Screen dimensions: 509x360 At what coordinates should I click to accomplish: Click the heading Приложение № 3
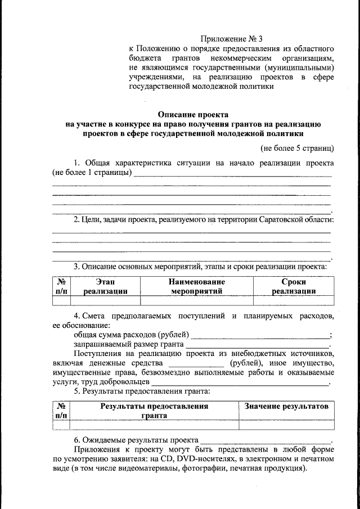point(232,39)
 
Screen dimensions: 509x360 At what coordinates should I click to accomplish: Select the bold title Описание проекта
point(193,114)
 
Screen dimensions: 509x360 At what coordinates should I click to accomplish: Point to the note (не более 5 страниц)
point(297,148)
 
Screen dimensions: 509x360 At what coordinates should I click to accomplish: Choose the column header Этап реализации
point(105,286)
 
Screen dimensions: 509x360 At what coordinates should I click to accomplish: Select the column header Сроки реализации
point(293,286)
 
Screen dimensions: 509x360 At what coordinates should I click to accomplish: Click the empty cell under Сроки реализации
point(293,300)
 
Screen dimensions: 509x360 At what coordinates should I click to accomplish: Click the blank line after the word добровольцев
point(239,382)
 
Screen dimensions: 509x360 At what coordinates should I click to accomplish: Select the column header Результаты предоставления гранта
point(154,411)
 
